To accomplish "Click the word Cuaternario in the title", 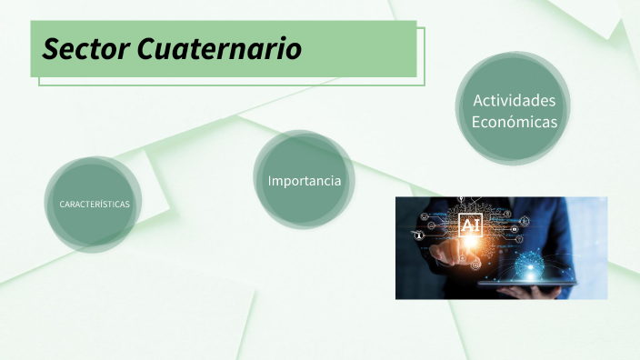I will tap(220, 48).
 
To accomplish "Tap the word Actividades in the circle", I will tap(514, 100).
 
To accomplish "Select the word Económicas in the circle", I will tap(514, 121).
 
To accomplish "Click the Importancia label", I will tap(305, 181).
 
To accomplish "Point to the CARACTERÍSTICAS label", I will tap(95, 204).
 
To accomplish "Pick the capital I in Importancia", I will tap(270, 181).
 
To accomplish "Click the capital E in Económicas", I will tap(476, 121).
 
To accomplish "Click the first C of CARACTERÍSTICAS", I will tap(62, 204).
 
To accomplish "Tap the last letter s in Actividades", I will tap(551, 101).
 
